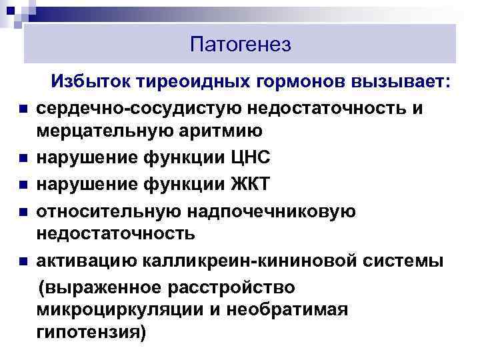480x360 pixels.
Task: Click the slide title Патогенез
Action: click(240, 45)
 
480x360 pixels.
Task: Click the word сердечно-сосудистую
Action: click(141, 107)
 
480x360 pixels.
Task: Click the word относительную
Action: click(115, 209)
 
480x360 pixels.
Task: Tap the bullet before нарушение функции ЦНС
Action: click(22, 159)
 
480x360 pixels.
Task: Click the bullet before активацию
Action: click(22, 261)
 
